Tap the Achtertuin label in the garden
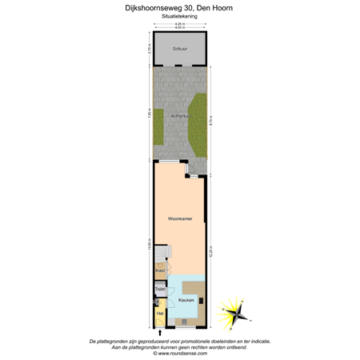coord(181,117)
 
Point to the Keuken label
coord(186,299)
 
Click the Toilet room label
coord(161,288)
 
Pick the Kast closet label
coord(160,270)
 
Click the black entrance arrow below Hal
coord(160,331)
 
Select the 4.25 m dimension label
coord(179,24)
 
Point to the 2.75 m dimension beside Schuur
coord(149,48)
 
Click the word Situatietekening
coord(179,15)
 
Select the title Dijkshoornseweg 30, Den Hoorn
coord(179,6)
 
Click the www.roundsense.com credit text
coord(179,353)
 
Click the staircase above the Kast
coord(161,252)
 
